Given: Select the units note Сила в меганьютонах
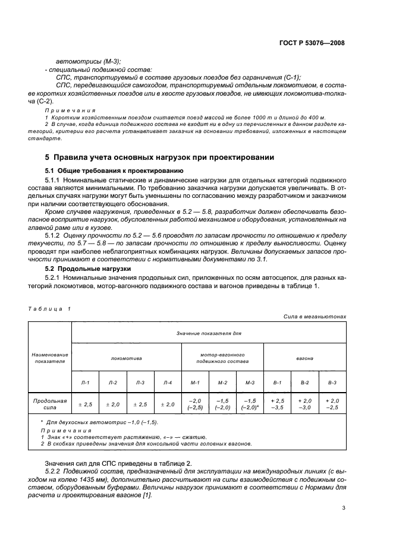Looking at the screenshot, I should point(315,317).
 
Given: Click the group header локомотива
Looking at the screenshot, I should point(126,358).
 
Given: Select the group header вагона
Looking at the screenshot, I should point(304,358).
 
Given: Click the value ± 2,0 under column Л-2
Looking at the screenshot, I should point(112,404).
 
